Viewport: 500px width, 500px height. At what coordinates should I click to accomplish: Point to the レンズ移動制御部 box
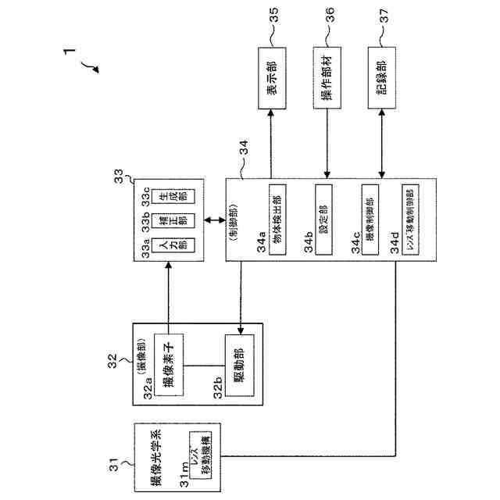(x=409, y=221)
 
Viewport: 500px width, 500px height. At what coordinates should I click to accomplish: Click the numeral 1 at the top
(x=71, y=55)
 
